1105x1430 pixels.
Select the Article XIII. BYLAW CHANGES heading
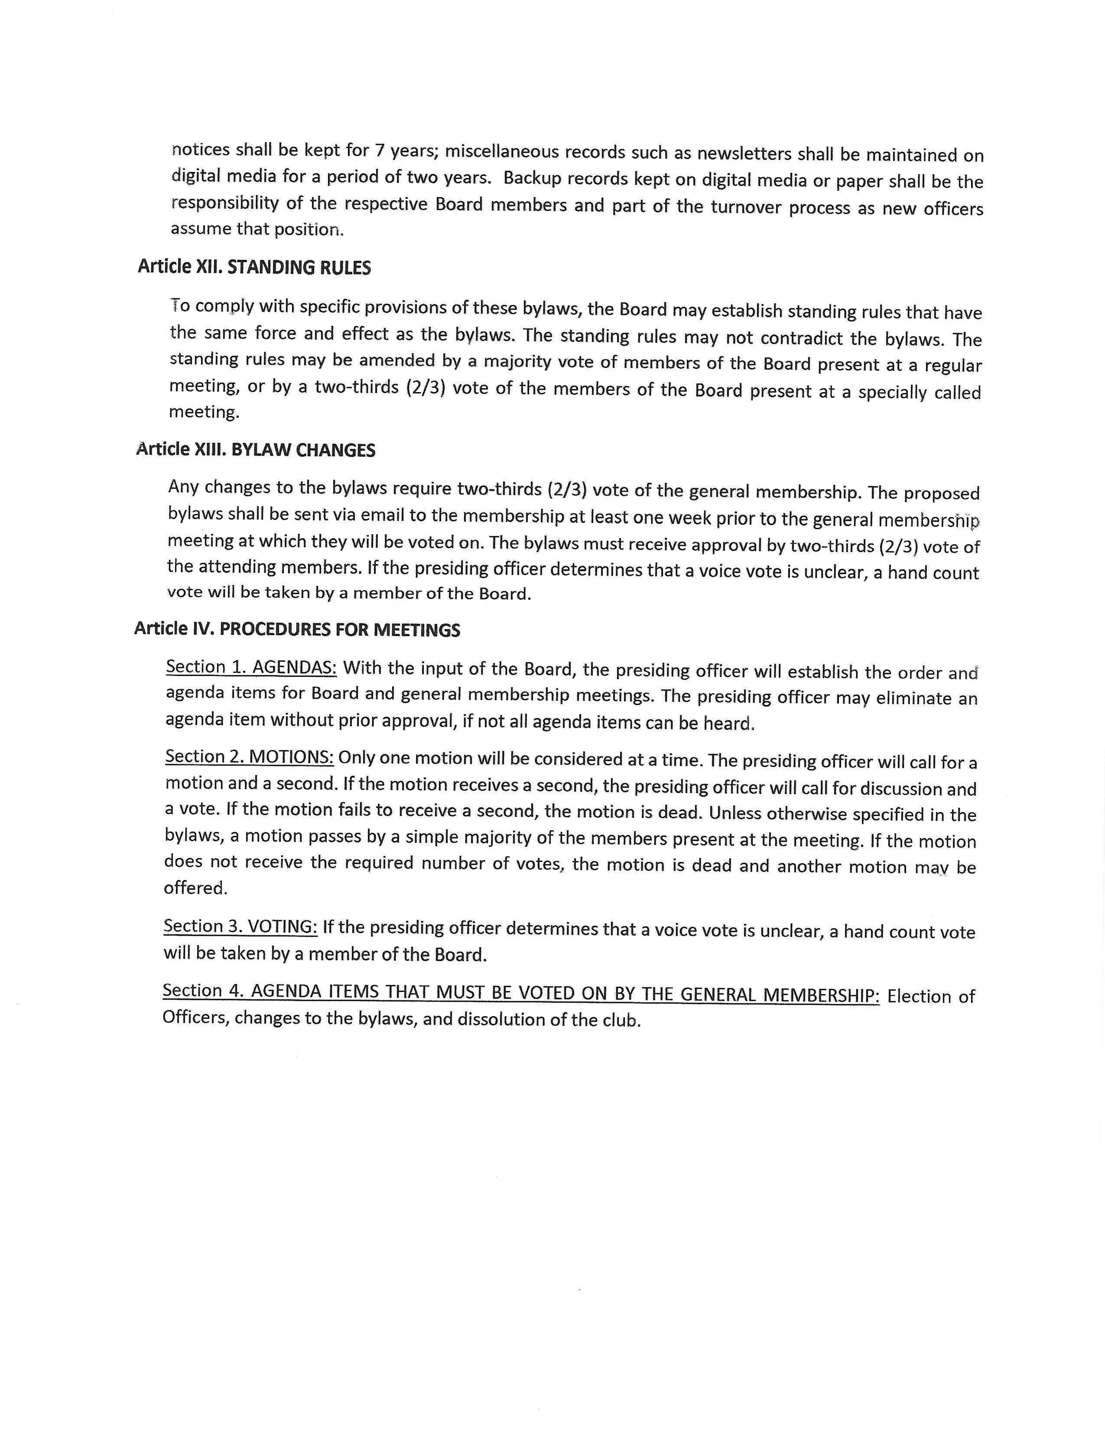click(255, 450)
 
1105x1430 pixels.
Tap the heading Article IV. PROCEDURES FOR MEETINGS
click(297, 629)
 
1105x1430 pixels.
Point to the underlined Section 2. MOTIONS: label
click(249, 757)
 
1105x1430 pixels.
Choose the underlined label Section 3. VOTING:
click(241, 926)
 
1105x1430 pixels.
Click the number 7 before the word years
click(379, 151)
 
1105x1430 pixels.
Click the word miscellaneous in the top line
click(500, 152)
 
